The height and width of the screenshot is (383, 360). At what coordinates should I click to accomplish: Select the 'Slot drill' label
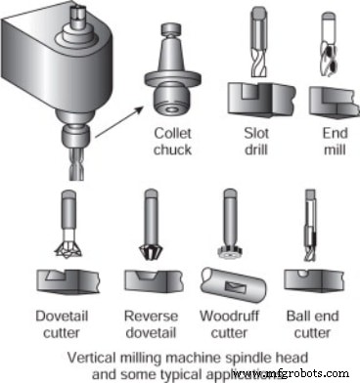coord(257,141)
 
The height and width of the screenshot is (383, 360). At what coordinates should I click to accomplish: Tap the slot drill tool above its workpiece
coord(257,44)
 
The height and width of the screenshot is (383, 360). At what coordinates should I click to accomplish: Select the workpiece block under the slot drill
coord(257,98)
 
